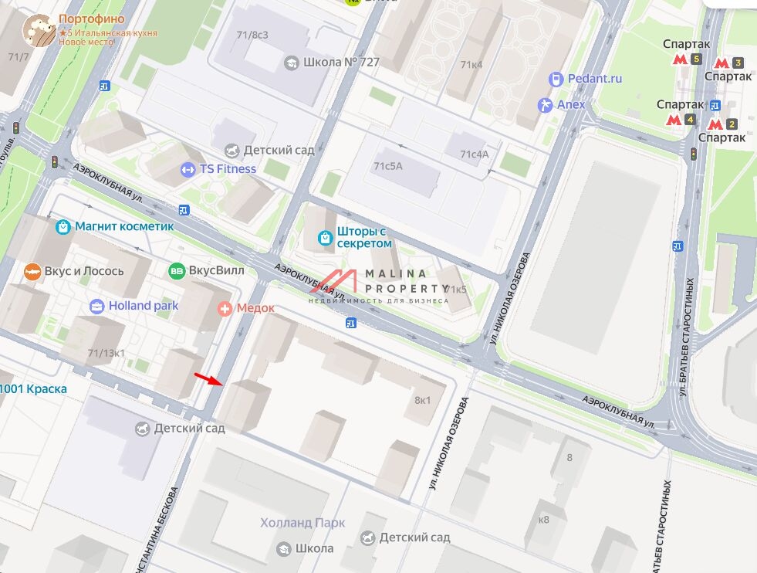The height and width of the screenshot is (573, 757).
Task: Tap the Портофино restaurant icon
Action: click(39, 30)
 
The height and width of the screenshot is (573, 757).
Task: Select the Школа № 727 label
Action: click(341, 62)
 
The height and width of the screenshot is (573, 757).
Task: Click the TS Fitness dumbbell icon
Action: click(188, 169)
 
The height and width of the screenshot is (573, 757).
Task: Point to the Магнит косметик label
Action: click(124, 226)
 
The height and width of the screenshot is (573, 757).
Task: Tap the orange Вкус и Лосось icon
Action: click(32, 271)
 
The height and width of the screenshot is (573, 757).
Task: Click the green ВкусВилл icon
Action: click(177, 270)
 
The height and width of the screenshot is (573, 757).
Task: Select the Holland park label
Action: click(143, 306)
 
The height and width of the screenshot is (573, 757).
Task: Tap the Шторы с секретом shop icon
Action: click(326, 236)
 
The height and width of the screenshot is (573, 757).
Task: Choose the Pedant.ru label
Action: click(594, 79)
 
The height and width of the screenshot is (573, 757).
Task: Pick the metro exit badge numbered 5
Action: click(696, 59)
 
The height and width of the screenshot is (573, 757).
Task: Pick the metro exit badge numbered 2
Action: click(732, 124)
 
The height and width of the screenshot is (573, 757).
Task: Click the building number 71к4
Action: click(471, 65)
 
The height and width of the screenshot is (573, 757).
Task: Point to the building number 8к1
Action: click(423, 400)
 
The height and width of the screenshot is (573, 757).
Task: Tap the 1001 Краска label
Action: click(34, 388)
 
